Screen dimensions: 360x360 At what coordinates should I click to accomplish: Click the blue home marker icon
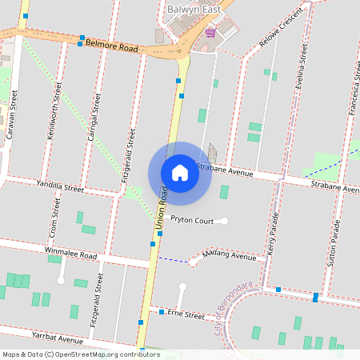pos(180,173)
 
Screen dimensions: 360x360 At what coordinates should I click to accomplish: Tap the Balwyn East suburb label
pos(193,9)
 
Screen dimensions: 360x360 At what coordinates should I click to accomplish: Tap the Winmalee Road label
pos(70,254)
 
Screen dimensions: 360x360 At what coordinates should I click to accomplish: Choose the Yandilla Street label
pos(60,186)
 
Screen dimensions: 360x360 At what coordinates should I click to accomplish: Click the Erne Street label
pos(186,314)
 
